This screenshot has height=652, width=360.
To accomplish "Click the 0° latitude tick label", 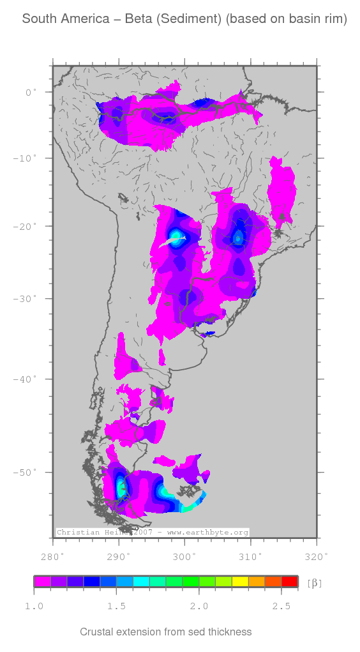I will point(29,93).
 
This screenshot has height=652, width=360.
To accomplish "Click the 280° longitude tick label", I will point(53,556).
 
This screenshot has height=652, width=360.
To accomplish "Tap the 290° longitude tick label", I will point(119,556).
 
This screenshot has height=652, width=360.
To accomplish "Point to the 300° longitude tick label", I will point(184,556).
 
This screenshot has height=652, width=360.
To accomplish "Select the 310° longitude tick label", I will point(250,556).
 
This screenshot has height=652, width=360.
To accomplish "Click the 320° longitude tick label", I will point(317,556).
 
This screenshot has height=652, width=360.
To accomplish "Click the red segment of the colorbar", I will point(289,582).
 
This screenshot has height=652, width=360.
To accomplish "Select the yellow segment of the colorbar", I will point(240,582).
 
